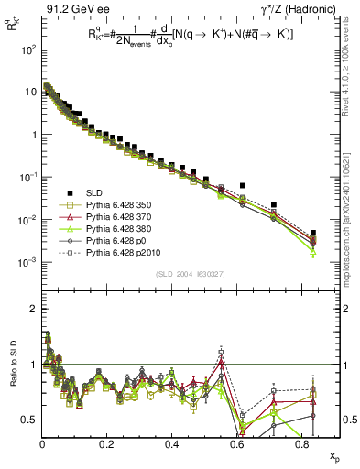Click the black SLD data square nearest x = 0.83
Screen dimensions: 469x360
tap(313, 233)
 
